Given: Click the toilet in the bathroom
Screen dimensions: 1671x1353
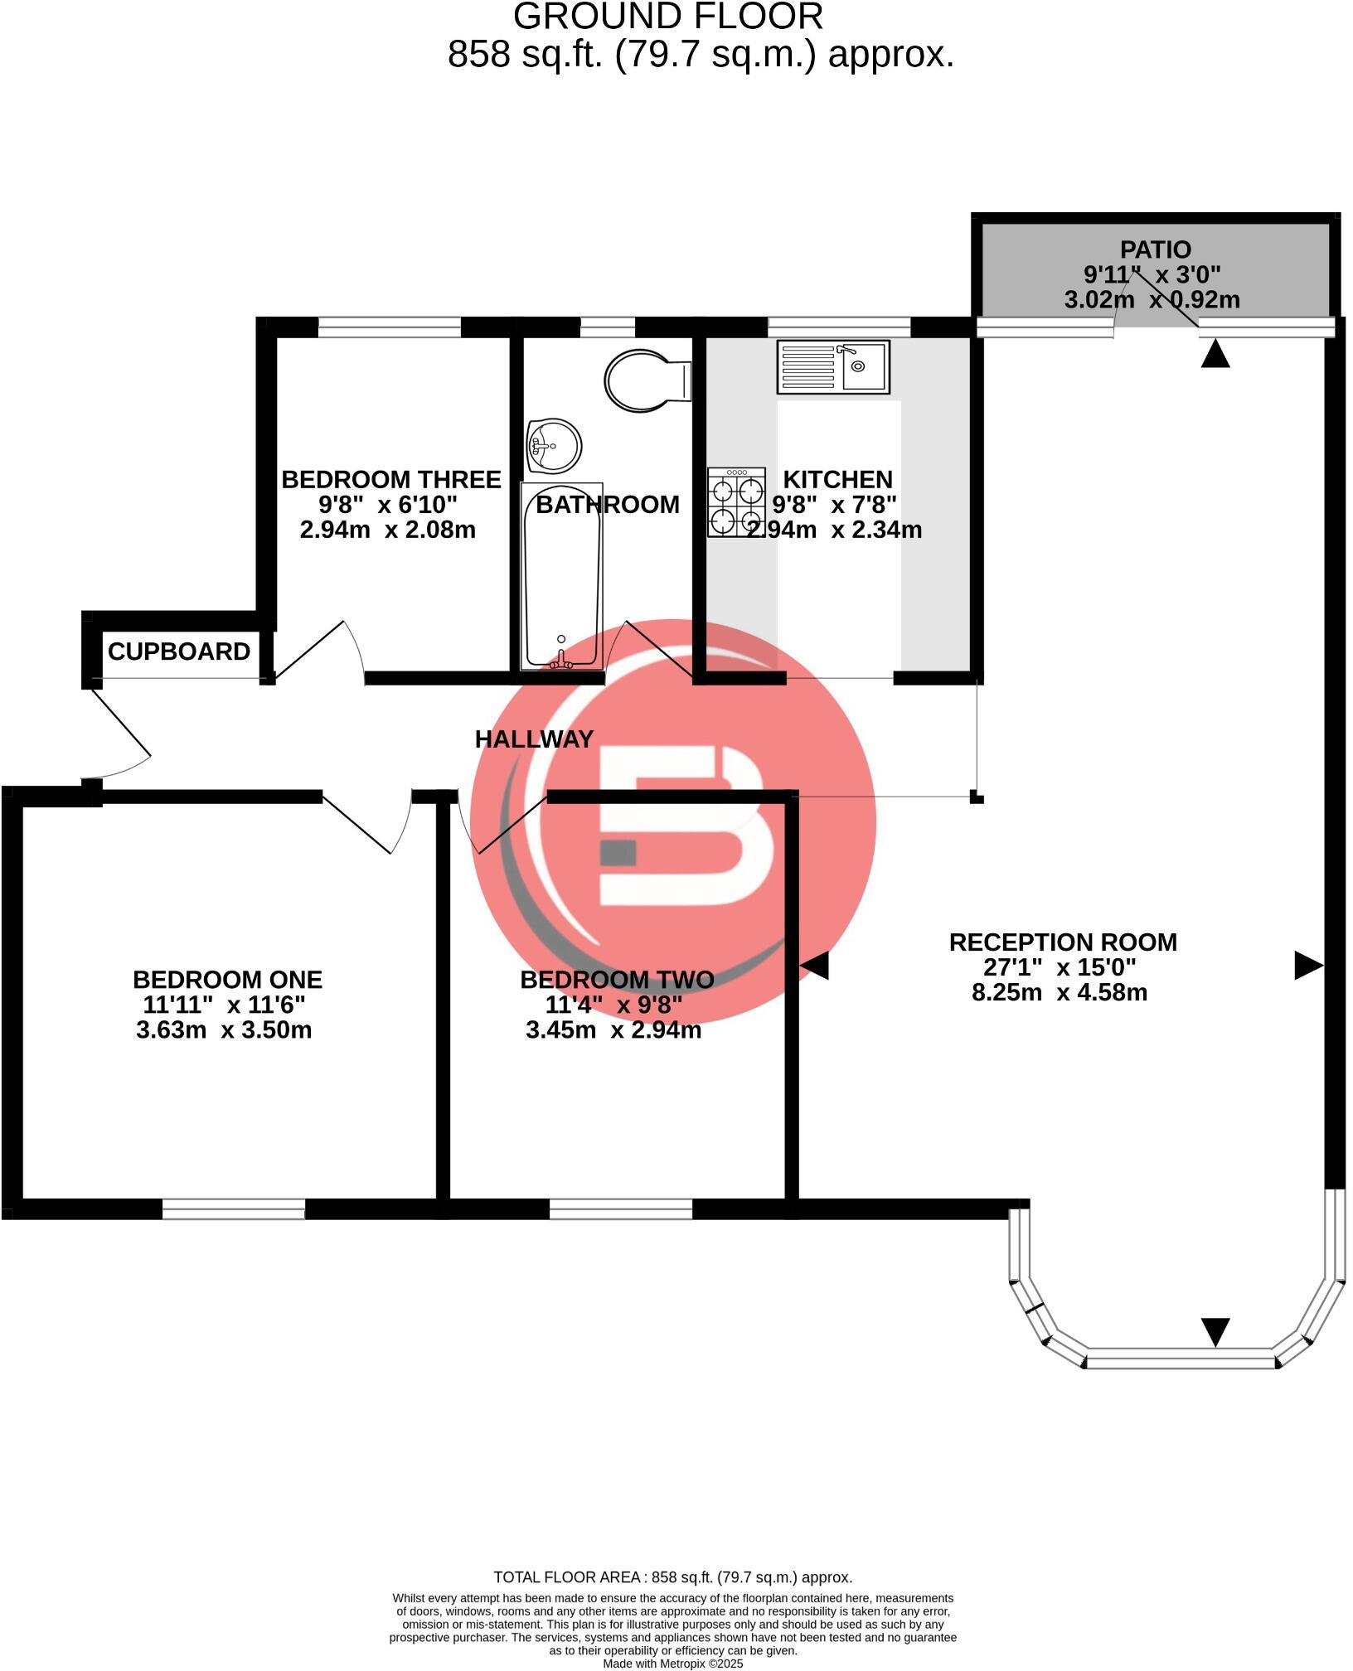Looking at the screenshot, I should click(643, 381).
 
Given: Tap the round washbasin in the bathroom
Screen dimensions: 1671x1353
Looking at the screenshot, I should click(554, 446).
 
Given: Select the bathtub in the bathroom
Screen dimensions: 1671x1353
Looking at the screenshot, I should click(561, 576).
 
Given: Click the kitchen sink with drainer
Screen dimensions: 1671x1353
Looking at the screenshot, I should click(832, 366).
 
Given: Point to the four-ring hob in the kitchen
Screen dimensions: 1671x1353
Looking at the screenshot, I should click(736, 502).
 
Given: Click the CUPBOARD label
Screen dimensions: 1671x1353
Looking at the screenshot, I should click(179, 652).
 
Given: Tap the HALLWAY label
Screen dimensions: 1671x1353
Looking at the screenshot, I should click(534, 739).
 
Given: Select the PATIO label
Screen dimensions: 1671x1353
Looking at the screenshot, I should click(1155, 249).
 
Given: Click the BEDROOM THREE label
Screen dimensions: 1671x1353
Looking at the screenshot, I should click(391, 480).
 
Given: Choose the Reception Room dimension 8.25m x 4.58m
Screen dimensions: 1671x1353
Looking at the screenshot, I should click(1060, 992).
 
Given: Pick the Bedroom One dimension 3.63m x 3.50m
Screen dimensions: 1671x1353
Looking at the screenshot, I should click(224, 1030).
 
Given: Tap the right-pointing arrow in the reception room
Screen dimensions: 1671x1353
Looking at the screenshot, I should click(1307, 966).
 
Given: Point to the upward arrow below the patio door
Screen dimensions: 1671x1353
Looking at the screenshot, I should click(1215, 356).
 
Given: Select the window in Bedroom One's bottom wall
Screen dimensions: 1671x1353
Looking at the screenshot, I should click(234, 1209).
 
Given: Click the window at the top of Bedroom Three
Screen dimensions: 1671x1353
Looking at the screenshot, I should click(389, 327).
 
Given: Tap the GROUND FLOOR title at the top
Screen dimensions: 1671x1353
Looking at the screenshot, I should click(667, 17).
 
